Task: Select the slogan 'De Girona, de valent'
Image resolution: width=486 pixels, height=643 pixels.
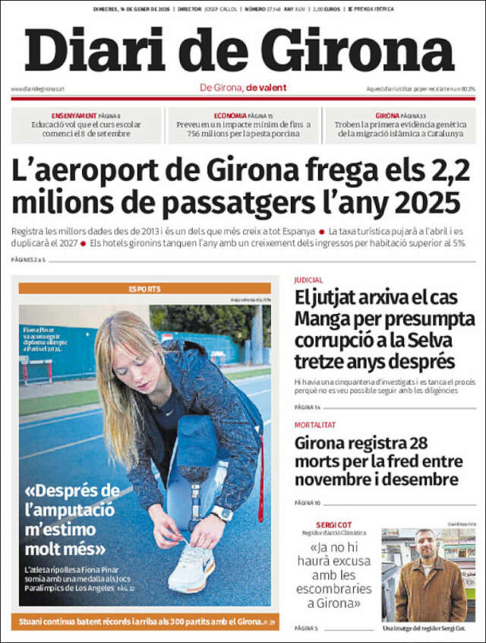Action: coord(243,87)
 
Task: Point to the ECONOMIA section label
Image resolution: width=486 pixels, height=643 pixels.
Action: coord(229,116)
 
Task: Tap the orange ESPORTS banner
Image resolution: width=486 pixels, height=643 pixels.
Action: coord(144,289)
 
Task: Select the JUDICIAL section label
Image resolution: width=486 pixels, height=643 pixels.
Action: coord(308,280)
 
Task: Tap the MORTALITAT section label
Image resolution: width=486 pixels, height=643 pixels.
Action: coord(315,425)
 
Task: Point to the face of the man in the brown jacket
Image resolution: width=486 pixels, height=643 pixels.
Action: coord(425,544)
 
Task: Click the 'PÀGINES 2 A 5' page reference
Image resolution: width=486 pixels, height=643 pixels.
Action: coord(28,260)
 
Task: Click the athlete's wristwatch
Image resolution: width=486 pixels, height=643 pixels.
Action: coord(222,514)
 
